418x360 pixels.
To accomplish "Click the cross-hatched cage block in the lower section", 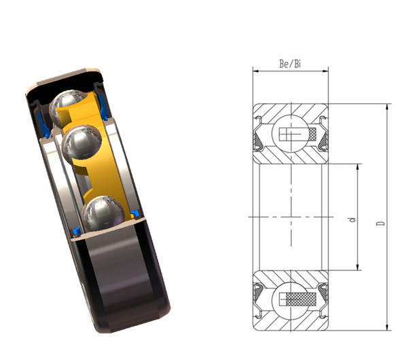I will tap(304, 300).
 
